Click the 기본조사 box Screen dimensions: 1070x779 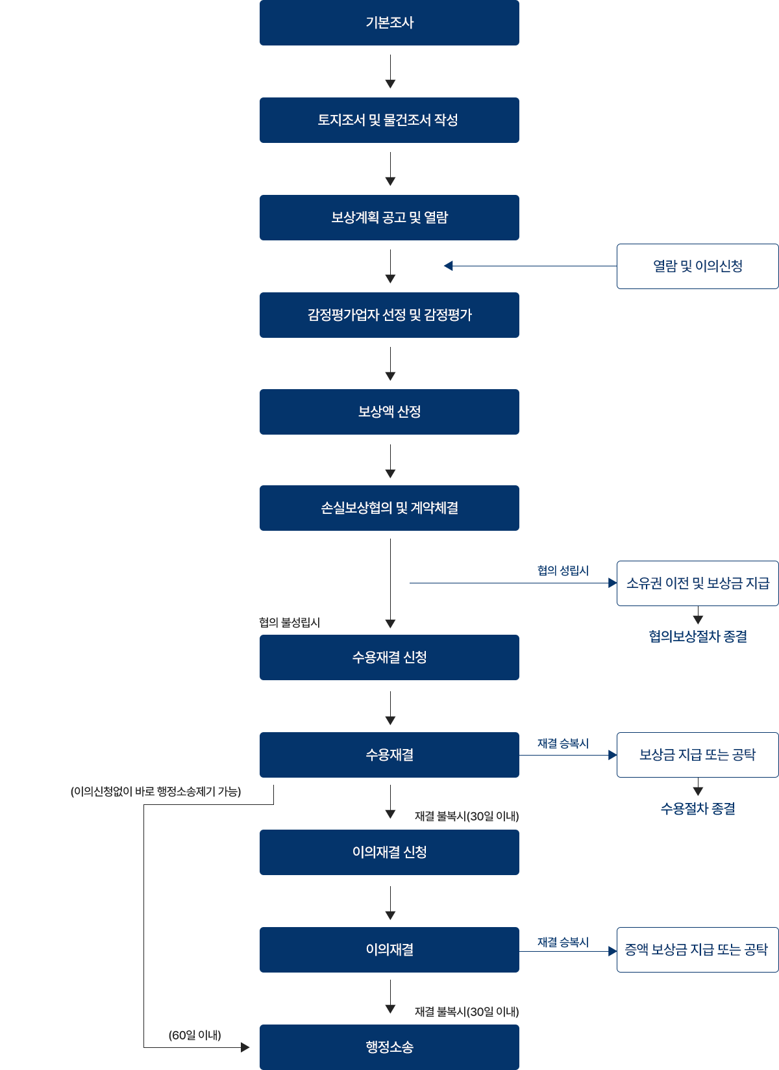coord(389,23)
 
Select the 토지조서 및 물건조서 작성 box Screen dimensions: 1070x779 coord(389,120)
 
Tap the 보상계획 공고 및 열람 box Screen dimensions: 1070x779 coord(389,218)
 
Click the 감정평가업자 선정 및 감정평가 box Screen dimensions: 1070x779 coord(389,315)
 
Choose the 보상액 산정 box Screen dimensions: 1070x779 coord(389,412)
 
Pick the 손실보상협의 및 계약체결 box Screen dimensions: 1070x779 coord(389,508)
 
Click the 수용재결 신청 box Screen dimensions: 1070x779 coord(389,657)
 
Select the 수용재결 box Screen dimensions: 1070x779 coord(389,755)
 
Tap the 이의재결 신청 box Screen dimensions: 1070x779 coord(389,852)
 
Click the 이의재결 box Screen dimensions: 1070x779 coord(389,950)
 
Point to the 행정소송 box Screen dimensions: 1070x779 coord(389,1047)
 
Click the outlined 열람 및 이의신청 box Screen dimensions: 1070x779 coord(697,266)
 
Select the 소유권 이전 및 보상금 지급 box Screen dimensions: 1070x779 coord(697,583)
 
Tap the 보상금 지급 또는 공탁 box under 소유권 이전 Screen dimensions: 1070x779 coord(697,755)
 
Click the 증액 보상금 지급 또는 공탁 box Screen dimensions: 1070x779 coord(697,950)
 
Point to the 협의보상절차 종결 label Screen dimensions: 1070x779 coord(697,637)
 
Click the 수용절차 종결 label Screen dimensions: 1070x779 coord(697,809)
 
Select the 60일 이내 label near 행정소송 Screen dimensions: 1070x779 coord(195,1035)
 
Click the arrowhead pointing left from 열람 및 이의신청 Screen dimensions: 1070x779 coord(448,266)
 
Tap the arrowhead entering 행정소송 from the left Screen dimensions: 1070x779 coord(245,1047)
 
